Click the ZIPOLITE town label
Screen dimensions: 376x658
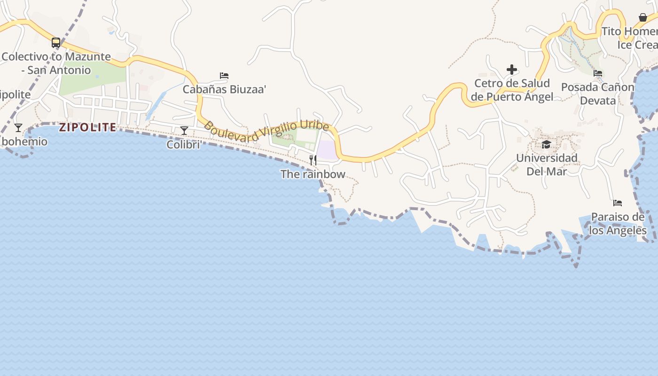pyautogui.click(x=87, y=127)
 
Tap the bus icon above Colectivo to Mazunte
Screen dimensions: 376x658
pyautogui.click(x=56, y=43)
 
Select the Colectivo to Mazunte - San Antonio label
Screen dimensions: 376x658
pyautogui.click(x=56, y=63)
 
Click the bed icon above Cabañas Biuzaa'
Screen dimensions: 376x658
pyautogui.click(x=224, y=75)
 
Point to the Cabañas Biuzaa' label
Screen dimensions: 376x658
pyautogui.click(x=224, y=89)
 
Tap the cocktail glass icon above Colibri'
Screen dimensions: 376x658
pyautogui.click(x=184, y=130)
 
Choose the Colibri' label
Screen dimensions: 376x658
pyautogui.click(x=184, y=145)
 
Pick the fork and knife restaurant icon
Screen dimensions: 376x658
pyautogui.click(x=313, y=160)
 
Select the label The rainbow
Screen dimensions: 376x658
pyautogui.click(x=313, y=174)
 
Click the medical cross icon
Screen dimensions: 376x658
pyautogui.click(x=512, y=70)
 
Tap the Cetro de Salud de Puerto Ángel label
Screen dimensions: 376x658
pyautogui.click(x=512, y=90)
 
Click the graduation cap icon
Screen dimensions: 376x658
pyautogui.click(x=546, y=144)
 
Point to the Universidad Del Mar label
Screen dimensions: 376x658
pyautogui.click(x=547, y=164)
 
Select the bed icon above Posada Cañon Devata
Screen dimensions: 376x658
pyautogui.click(x=598, y=73)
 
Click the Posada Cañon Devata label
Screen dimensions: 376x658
pyautogui.click(x=598, y=94)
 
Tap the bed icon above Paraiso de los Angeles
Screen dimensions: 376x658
pyautogui.click(x=618, y=203)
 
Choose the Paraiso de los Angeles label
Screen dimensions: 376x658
pyautogui.click(x=618, y=224)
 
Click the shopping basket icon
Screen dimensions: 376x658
pyautogui.click(x=643, y=17)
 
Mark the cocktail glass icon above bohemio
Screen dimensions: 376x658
pyautogui.click(x=18, y=127)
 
